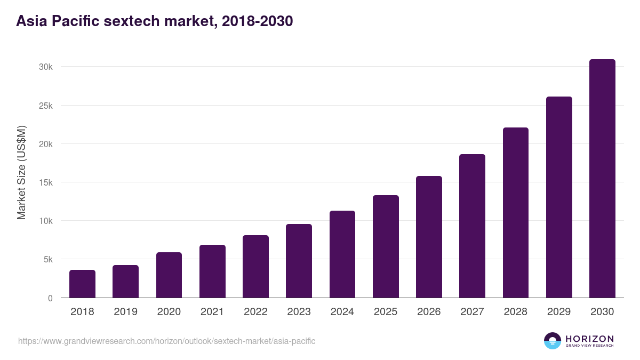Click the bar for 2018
82,284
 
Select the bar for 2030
602,179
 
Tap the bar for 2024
342,254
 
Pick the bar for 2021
212,271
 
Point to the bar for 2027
472,226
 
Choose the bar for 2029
559,197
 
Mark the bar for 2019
125,282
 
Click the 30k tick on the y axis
45,67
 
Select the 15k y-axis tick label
45,182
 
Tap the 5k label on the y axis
47,260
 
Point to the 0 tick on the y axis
50,298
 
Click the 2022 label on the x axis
255,312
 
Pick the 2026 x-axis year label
429,312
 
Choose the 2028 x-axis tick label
516,312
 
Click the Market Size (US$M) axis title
21,173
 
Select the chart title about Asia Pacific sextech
155,21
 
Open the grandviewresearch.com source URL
167,341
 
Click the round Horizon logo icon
553,341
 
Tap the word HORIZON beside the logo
589,338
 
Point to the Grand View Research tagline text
589,346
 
